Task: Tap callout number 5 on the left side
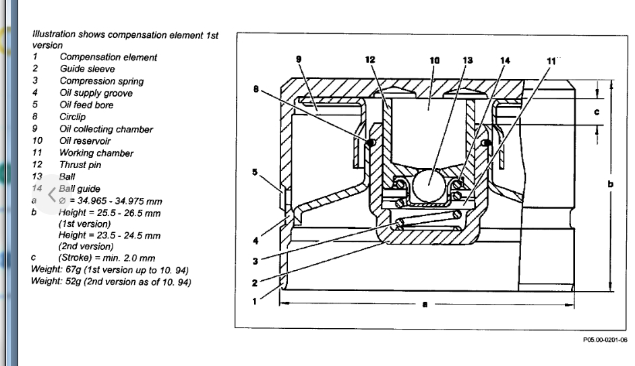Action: [x=254, y=172]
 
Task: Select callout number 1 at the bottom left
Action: [x=254, y=301]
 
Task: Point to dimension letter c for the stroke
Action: [x=597, y=111]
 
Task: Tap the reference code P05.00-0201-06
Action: [x=604, y=340]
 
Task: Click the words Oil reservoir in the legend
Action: [x=85, y=141]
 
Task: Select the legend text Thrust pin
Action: [x=80, y=165]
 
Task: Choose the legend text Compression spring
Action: [x=101, y=81]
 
